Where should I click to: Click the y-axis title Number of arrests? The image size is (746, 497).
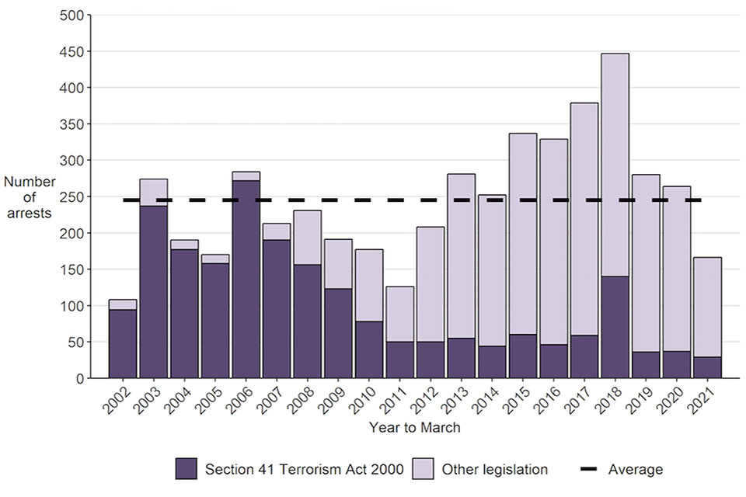pyautogui.click(x=30, y=196)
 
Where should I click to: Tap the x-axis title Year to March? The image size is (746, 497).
pyautogui.click(x=416, y=428)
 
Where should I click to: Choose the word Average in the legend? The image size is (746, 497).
pyautogui.click(x=636, y=469)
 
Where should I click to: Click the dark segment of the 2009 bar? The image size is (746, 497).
pyautogui.click(x=338, y=333)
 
